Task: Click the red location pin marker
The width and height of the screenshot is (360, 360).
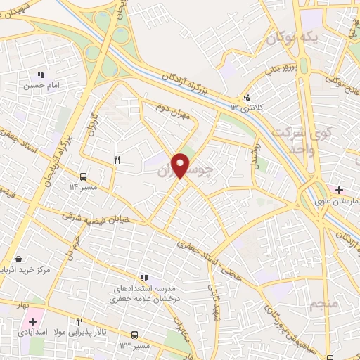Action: coord(181,165)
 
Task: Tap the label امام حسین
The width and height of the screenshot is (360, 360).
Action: coord(40,85)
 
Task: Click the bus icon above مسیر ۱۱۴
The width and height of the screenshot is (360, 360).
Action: coord(84,176)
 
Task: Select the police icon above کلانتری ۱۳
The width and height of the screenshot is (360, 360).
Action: coord(246,98)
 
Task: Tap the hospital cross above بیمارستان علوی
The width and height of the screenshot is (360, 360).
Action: coord(340,190)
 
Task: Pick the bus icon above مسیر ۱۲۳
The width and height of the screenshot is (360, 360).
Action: coord(134,335)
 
